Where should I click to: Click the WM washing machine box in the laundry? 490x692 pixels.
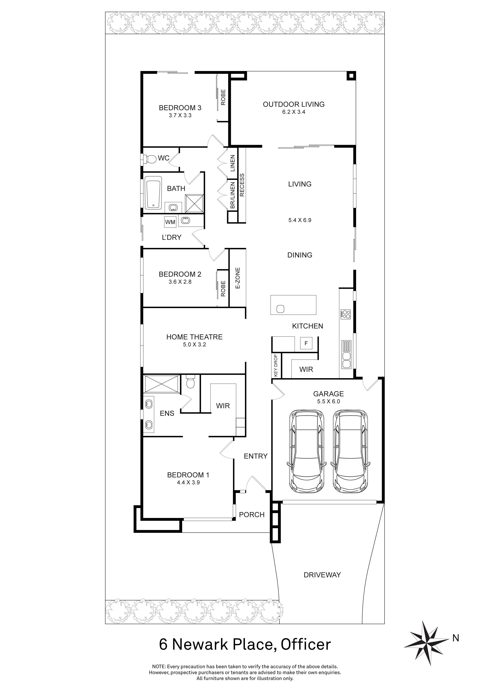(x=170, y=222)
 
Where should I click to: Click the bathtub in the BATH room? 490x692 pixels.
(x=154, y=193)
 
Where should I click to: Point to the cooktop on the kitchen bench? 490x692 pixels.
(x=345, y=314)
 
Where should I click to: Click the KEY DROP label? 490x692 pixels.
(x=276, y=365)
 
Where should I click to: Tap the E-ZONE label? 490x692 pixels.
(x=237, y=278)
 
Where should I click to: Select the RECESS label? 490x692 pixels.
(x=242, y=185)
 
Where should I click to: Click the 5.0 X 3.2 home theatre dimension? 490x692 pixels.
(x=194, y=344)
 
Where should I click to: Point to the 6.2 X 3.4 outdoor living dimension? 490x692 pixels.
(x=294, y=112)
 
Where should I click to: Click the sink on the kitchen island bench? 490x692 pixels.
(x=280, y=309)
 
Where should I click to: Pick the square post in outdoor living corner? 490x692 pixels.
(x=351, y=76)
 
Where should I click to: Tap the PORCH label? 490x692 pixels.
(x=252, y=514)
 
